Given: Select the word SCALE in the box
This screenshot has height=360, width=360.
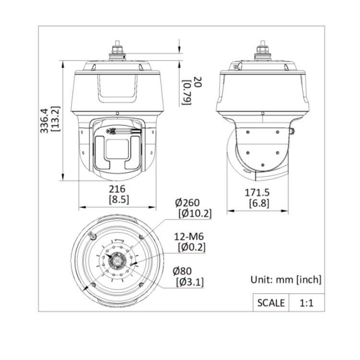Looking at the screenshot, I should (271, 303).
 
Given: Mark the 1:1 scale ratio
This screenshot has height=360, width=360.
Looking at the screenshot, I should (306, 303).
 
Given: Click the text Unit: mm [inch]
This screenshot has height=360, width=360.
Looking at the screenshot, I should (286, 279).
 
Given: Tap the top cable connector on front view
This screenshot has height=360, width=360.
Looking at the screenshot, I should (118, 50).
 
